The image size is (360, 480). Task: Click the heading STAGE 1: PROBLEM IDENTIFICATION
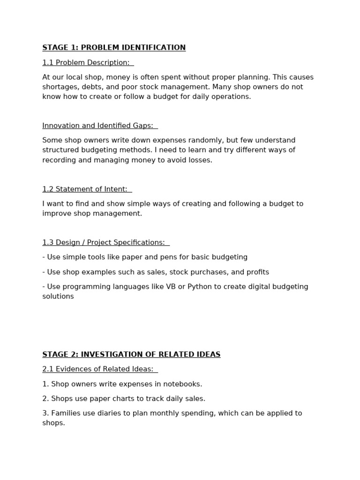(x=114, y=47)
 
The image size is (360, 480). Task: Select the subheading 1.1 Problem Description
(x=86, y=62)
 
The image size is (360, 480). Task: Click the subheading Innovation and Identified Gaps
(x=97, y=126)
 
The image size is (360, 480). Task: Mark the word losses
(x=201, y=160)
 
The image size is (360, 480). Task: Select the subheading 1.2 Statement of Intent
(x=85, y=189)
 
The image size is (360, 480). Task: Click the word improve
(x=55, y=213)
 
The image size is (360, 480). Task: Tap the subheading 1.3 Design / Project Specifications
(x=104, y=242)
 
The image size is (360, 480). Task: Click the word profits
(x=257, y=272)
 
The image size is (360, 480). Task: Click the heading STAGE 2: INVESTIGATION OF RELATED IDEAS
(x=131, y=354)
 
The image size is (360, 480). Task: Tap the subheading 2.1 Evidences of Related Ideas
(x=97, y=369)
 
